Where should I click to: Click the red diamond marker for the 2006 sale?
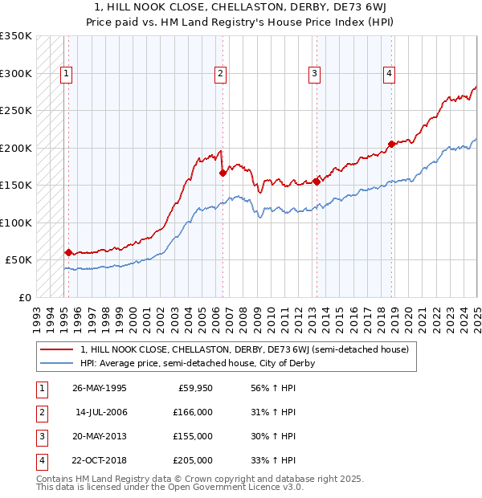point(223,173)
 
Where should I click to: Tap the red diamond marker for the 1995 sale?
point(68,252)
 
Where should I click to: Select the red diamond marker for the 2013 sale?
point(317,182)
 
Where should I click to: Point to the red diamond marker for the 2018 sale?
point(391,145)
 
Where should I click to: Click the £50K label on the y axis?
point(19,260)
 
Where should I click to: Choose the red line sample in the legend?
point(57,349)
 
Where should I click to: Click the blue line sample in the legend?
point(57,363)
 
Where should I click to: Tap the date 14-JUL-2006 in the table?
point(101,412)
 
